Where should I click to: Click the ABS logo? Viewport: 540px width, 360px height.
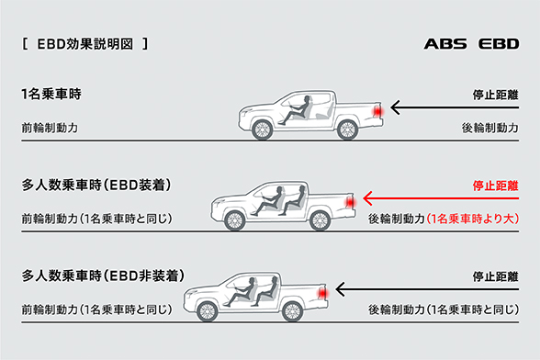445,43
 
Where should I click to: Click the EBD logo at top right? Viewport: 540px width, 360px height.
499,43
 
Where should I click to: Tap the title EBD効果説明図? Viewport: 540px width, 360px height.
82,43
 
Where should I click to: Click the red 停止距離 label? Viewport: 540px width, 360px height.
496,185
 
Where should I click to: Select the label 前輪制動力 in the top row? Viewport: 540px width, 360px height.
46,128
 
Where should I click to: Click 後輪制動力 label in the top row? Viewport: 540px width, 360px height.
493,128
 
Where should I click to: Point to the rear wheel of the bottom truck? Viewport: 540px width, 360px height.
291,311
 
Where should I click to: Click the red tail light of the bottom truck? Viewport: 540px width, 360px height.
321,292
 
